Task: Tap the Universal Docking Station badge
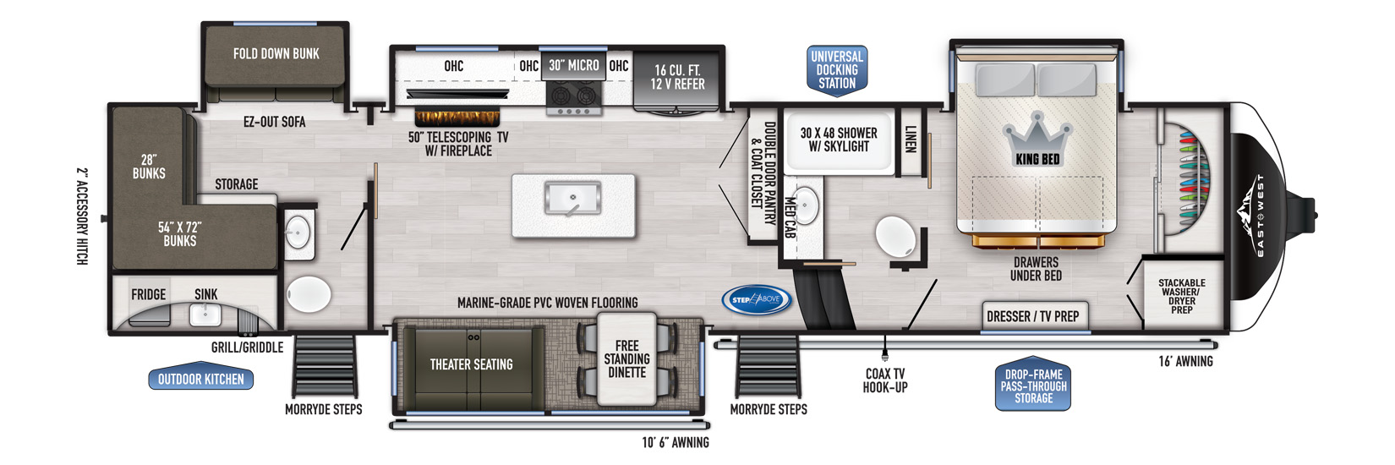tap(837, 69)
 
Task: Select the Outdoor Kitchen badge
tap(200, 379)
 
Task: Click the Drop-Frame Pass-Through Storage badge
tap(1033, 385)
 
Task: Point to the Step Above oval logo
tap(756, 300)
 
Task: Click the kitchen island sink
tap(572, 198)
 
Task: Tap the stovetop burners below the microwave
tap(573, 96)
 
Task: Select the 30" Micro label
tap(573, 65)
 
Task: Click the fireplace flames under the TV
tap(457, 118)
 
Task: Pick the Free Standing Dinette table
tap(626, 359)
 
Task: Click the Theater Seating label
tap(472, 364)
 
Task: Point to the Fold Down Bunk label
tap(276, 53)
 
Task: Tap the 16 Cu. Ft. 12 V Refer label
tap(677, 77)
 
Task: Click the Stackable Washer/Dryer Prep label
tap(1181, 296)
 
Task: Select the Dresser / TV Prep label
tap(1032, 317)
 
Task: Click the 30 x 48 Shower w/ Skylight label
tap(838, 140)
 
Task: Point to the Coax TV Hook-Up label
tap(885, 380)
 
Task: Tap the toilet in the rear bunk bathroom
tap(309, 294)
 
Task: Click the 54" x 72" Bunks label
tap(179, 234)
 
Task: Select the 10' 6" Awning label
tap(675, 442)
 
